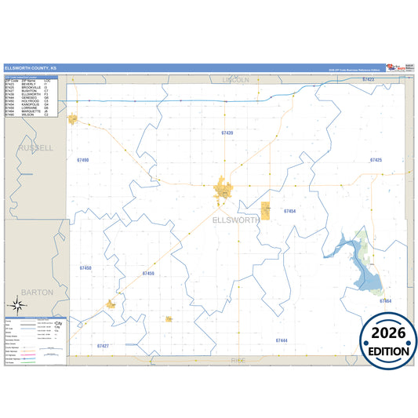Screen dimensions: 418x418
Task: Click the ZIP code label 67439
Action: (227, 133)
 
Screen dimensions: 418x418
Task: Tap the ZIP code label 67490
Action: (83, 160)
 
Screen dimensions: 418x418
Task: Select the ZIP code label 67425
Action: (376, 160)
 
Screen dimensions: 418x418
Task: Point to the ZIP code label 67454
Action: (289, 212)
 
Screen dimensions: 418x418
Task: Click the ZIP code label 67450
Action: (85, 268)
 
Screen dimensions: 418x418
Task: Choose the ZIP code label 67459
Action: (148, 274)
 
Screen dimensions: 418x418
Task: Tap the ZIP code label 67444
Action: (282, 340)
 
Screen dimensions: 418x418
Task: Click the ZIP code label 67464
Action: (385, 301)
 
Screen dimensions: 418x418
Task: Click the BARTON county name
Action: (37, 292)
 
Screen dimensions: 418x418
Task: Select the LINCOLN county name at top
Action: (235, 80)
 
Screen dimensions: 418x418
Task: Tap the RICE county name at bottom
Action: (238, 360)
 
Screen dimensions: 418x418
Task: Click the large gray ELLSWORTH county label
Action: (236, 221)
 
